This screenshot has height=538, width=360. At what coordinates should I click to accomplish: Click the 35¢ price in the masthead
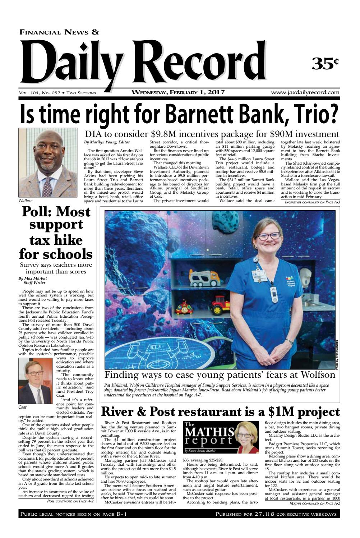point(325,63)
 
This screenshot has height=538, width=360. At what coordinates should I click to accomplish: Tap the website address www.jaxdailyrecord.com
point(305,92)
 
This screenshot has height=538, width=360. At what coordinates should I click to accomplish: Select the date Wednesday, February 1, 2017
point(178,92)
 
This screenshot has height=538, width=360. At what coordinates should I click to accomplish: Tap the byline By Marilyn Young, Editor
point(107,143)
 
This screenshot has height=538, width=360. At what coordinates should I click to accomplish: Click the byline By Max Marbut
point(32,278)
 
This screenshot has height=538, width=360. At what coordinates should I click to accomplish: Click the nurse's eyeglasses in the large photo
point(268,236)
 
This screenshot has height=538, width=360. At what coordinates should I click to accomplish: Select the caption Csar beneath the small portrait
point(23,408)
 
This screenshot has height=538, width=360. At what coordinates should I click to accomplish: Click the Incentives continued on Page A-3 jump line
point(312,202)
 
